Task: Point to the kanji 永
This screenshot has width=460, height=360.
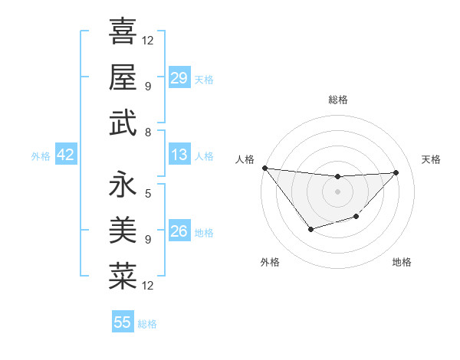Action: point(123,185)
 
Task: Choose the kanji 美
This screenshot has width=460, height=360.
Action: point(123,231)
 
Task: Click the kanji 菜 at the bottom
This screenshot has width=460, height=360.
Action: point(123,277)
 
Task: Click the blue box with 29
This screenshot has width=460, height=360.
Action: point(179,77)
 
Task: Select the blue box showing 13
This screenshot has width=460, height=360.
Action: point(179,155)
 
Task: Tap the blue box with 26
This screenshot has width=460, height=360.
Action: point(179,231)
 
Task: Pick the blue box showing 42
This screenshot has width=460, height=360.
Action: point(66,155)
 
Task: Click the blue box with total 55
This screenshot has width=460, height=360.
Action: point(123,322)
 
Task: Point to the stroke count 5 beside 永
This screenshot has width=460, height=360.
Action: point(147,193)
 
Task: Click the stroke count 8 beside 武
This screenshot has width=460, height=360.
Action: point(147,132)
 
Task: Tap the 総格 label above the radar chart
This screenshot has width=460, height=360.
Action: point(337,100)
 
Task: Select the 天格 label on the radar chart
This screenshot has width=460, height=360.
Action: point(431,159)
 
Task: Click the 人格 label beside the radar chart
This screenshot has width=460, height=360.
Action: point(245,159)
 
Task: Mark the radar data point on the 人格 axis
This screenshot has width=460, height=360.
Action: point(264,168)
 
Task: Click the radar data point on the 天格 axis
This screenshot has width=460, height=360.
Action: point(396,172)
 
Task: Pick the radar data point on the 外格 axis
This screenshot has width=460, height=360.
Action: point(310,229)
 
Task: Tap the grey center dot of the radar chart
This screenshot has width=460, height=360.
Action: point(337,191)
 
